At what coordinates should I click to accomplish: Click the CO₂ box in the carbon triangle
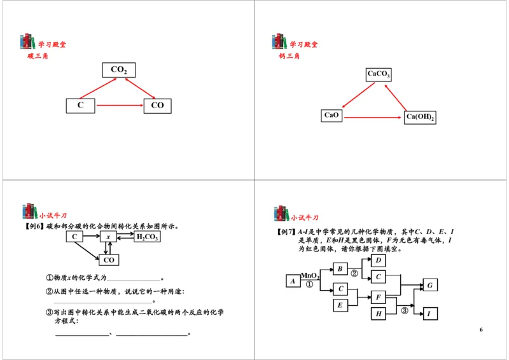click(118, 70)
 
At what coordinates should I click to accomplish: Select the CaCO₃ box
click(379, 74)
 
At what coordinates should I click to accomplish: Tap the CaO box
click(331, 115)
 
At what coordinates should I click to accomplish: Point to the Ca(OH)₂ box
click(420, 117)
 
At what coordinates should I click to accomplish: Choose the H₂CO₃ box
click(146, 237)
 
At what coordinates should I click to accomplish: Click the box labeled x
click(108, 237)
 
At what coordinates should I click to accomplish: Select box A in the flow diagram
click(293, 280)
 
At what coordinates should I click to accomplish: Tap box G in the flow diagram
click(429, 285)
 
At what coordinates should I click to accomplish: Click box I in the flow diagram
click(429, 314)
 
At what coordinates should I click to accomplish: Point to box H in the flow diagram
click(379, 314)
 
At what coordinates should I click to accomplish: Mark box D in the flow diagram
click(379, 260)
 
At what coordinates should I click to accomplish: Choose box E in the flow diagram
click(340, 305)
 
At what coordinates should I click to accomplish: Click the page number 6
click(481, 329)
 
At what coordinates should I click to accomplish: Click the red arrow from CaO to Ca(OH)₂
click(372, 116)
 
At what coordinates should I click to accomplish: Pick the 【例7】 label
click(286, 232)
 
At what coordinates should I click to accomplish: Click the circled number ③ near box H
click(404, 310)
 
